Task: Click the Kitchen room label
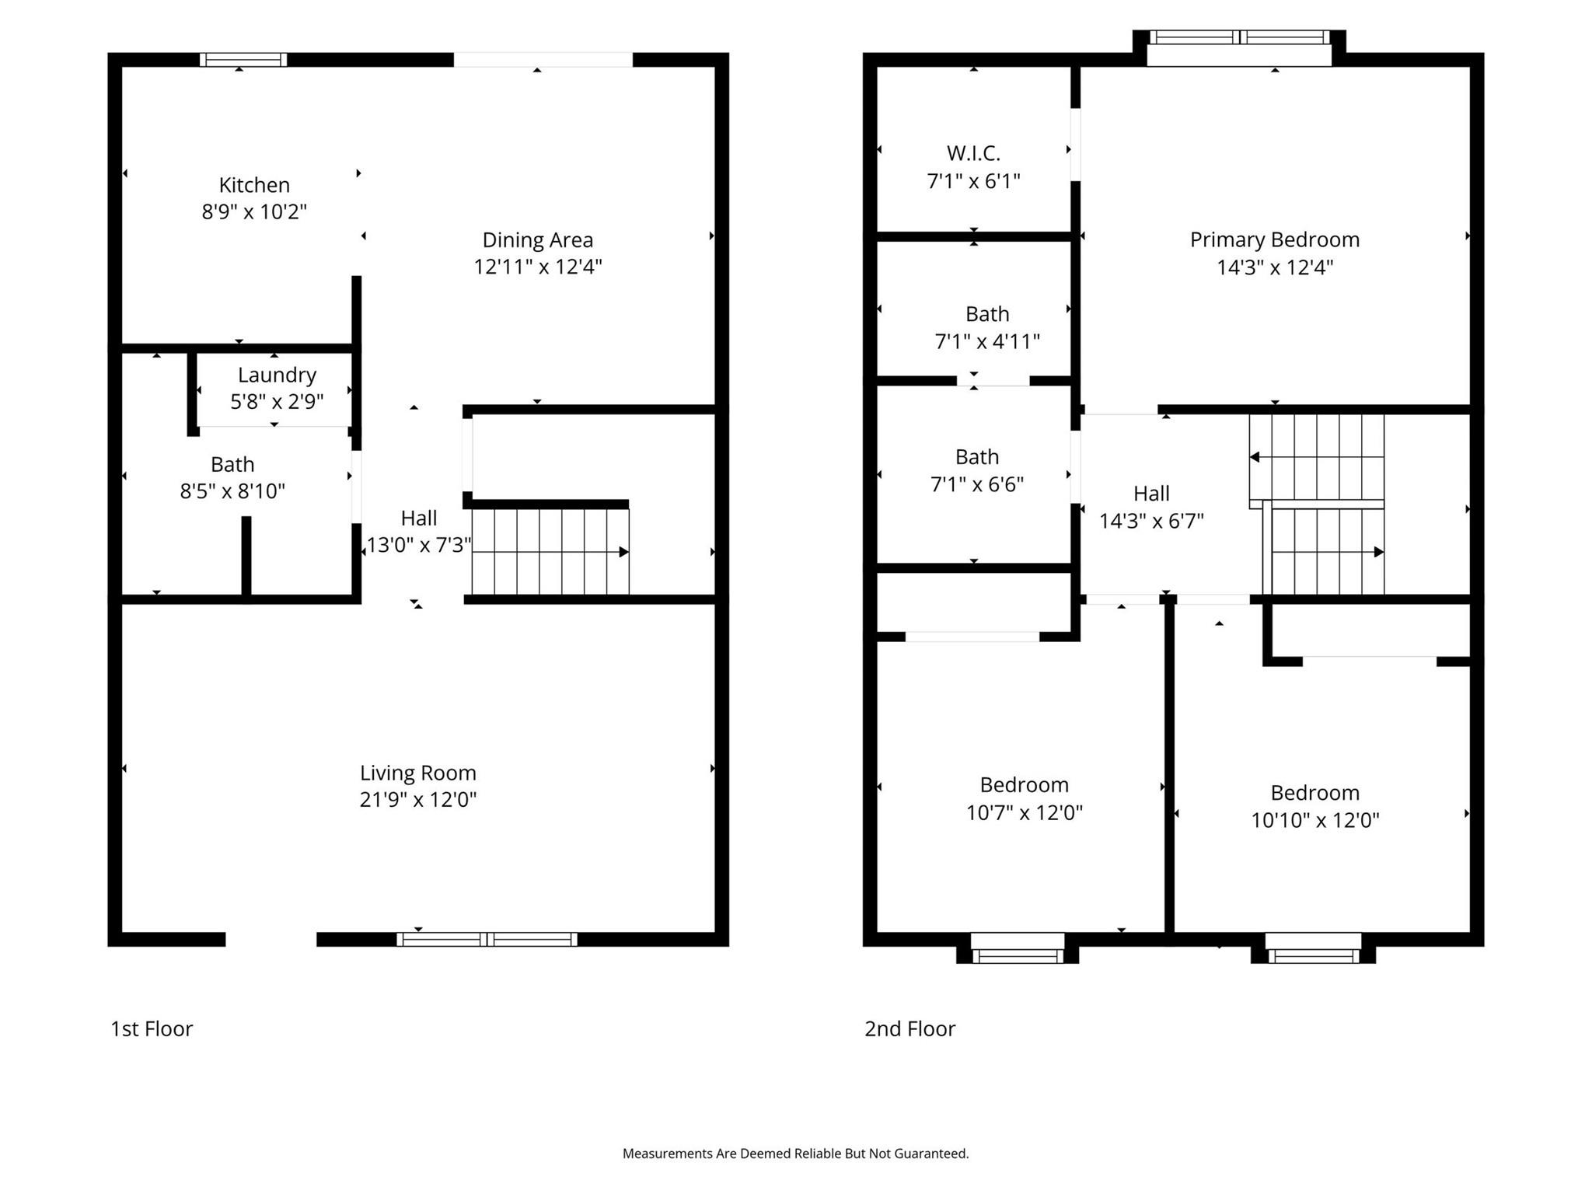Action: pyautogui.click(x=254, y=185)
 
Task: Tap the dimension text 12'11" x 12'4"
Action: pyautogui.click(x=538, y=267)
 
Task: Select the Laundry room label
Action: pyautogui.click(x=277, y=375)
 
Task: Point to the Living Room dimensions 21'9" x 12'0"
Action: pyautogui.click(x=417, y=799)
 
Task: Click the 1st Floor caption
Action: pyautogui.click(x=152, y=1028)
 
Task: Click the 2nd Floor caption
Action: pyautogui.click(x=909, y=1028)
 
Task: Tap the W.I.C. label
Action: pyautogui.click(x=973, y=153)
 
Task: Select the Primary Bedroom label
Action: pyautogui.click(x=1275, y=239)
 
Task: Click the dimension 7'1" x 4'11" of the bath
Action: pyautogui.click(x=986, y=341)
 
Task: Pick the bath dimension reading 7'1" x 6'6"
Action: pyautogui.click(x=977, y=484)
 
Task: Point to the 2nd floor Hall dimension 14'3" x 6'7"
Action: pyautogui.click(x=1151, y=521)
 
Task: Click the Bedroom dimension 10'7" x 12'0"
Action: pyautogui.click(x=1024, y=812)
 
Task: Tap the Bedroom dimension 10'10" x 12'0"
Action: pyautogui.click(x=1314, y=820)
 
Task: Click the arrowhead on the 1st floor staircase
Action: pyautogui.click(x=623, y=552)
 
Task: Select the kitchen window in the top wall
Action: pyautogui.click(x=243, y=60)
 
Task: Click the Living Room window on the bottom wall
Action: pyautogui.click(x=487, y=939)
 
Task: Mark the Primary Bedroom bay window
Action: pyautogui.click(x=1239, y=37)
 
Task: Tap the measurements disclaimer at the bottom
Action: pyautogui.click(x=795, y=1154)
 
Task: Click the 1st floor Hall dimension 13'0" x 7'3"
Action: pyautogui.click(x=419, y=545)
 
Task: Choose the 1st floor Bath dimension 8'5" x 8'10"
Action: pyautogui.click(x=232, y=491)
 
